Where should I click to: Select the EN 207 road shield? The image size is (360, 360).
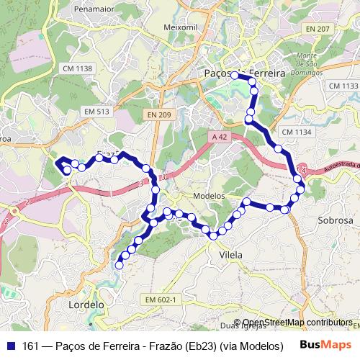318,29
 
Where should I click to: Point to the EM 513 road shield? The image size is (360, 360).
96,112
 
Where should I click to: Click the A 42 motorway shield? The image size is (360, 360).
220,135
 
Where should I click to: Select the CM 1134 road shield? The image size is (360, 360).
295,132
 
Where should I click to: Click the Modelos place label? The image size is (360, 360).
210,196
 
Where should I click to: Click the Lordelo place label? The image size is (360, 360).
86,305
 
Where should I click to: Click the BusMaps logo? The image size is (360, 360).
325,345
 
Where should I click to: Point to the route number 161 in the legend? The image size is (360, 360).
30,345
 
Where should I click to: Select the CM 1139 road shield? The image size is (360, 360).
343,86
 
